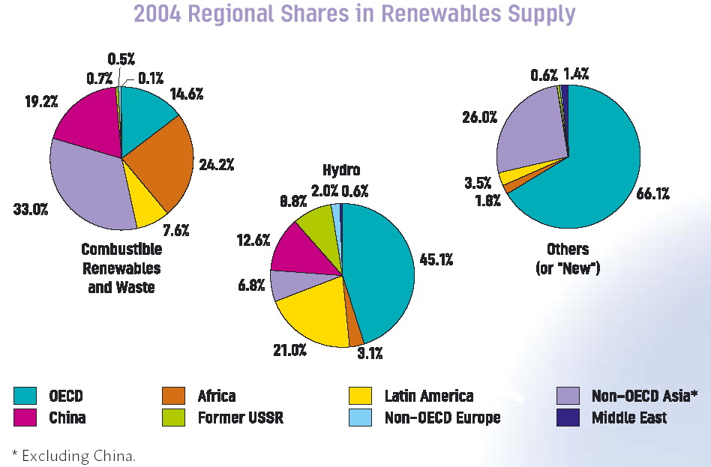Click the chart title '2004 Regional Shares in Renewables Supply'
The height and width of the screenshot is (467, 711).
[x=355, y=14]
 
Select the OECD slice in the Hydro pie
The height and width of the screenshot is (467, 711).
[x=379, y=270]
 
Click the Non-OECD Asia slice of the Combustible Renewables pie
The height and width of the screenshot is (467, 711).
[x=90, y=187]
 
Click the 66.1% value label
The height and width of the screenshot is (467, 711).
[x=653, y=193]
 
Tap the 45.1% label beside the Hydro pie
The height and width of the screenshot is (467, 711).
[x=435, y=259]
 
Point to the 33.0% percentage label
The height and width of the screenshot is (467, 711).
[x=30, y=209]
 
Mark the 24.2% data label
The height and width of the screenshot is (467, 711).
[x=216, y=164]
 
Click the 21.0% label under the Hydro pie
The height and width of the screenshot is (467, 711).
[x=288, y=349]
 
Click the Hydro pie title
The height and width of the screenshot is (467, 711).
[x=341, y=170]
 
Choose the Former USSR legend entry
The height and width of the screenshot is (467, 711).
[x=240, y=418]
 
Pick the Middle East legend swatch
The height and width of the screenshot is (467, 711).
[x=568, y=417]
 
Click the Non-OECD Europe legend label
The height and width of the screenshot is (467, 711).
[x=442, y=418]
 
